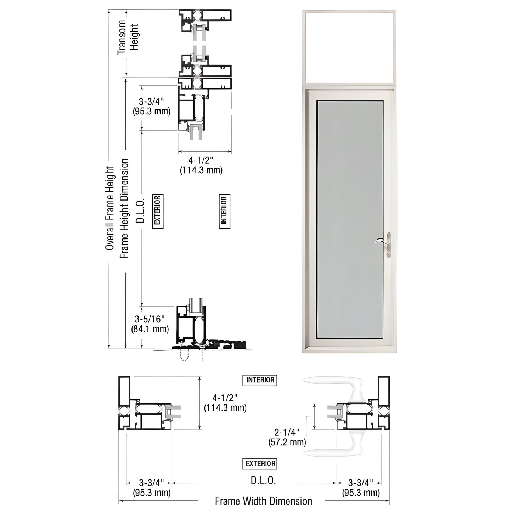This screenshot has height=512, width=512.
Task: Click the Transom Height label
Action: [128, 37]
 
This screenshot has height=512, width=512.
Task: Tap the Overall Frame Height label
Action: [110, 208]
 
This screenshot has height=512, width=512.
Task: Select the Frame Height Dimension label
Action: [124, 208]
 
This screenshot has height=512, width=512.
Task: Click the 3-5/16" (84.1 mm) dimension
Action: [150, 324]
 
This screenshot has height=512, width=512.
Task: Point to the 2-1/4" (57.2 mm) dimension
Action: [287, 437]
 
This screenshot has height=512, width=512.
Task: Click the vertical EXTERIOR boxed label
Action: [158, 211]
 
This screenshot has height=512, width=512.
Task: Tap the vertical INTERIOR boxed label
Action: [224, 211]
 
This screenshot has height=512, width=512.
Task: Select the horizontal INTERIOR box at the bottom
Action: [260, 380]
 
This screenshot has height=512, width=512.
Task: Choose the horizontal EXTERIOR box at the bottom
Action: [260, 463]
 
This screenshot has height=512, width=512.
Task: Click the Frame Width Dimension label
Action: [264, 501]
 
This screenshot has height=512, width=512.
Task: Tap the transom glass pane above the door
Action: [349, 47]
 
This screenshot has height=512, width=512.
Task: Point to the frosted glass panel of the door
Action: [350, 220]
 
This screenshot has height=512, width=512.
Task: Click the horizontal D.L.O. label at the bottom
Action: [263, 481]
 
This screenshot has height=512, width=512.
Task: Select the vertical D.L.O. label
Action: [141, 210]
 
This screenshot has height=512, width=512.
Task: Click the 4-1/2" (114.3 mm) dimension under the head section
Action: [201, 165]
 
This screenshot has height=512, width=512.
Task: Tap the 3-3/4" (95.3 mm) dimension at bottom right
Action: [361, 488]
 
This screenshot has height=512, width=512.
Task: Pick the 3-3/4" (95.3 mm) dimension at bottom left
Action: [152, 488]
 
